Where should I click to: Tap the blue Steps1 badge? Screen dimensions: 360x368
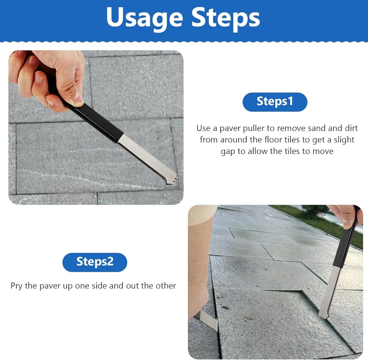pos(275,102)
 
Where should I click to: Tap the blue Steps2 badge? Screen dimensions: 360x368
pos(95,262)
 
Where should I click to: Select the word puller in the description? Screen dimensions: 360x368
pos(259,128)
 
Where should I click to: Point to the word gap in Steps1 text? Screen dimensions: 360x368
pos(228,151)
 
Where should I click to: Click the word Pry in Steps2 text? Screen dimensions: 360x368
pos(17,286)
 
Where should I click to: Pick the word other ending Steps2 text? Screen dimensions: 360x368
pos(165,286)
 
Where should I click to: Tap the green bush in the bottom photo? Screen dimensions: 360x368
pos(315,211)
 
